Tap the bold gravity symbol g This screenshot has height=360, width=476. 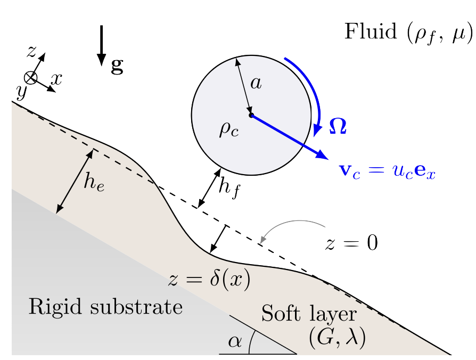coord(117,66)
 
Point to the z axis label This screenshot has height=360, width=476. coord(33,52)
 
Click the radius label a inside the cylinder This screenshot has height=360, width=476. coord(256,84)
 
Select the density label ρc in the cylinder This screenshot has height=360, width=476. coord(228,129)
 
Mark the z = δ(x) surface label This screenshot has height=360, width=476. coord(209,280)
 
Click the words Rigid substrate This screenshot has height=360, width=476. coord(105,307)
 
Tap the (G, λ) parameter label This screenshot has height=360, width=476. coord(337,339)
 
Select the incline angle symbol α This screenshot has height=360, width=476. coord(234,342)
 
